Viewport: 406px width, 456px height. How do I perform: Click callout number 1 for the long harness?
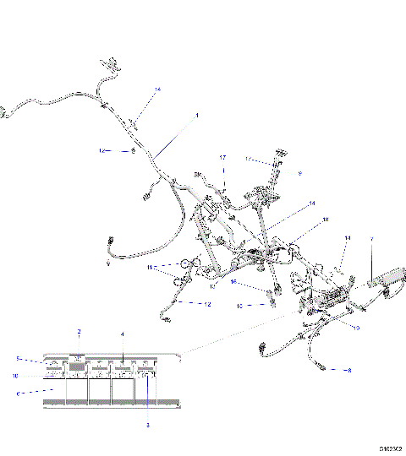coord(197,114)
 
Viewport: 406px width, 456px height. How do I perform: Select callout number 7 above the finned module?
coord(370,239)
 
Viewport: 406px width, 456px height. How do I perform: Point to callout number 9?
coord(299,172)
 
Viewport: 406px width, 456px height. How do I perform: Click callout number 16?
coord(234,281)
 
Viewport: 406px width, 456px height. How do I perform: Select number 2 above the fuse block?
coord(80,332)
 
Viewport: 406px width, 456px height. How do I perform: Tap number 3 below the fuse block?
coord(147,425)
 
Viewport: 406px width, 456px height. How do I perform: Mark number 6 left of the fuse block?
coord(17,393)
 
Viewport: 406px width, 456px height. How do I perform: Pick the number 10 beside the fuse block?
coord(14,376)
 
